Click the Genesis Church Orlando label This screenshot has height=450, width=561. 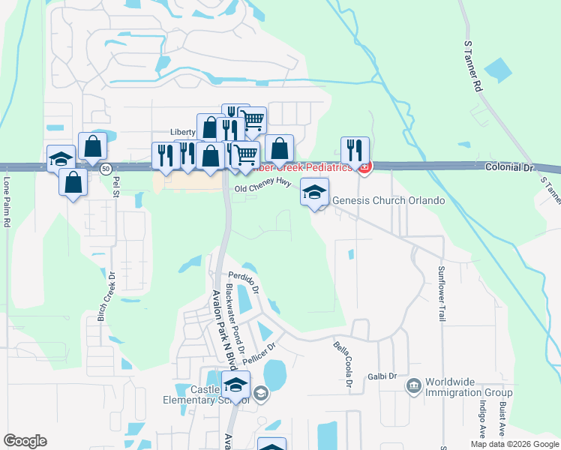click(x=388, y=201)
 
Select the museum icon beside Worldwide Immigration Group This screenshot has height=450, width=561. click(x=413, y=386)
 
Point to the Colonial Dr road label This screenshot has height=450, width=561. click(x=508, y=168)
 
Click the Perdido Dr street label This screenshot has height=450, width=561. click(x=243, y=280)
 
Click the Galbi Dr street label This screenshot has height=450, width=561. click(x=381, y=376)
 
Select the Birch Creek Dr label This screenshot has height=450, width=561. click(x=106, y=296)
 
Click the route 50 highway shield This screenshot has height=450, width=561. click(x=106, y=167)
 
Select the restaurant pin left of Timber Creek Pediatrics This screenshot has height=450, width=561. click(x=353, y=151)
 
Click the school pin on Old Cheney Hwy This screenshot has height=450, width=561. click(x=315, y=192)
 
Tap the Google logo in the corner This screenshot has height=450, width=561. click(x=25, y=441)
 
